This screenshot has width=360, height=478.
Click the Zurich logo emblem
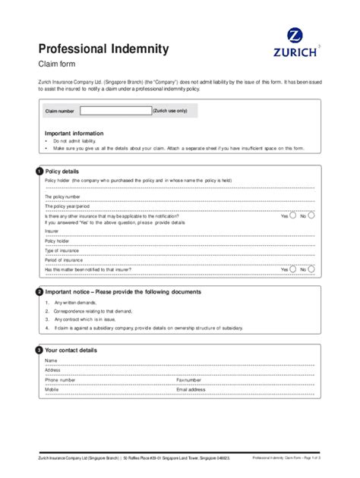[x=293, y=35]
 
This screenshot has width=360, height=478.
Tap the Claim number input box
[x=121, y=111]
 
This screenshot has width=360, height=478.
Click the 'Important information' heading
[x=74, y=134]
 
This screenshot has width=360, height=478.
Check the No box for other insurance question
[x=312, y=216]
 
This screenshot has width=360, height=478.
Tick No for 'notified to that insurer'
[x=312, y=269]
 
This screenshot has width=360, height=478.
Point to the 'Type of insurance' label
[x=62, y=250]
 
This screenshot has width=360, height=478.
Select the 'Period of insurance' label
[x=64, y=259]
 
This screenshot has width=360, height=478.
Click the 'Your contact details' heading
[x=71, y=351]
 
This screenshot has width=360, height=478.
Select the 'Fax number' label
[x=189, y=379]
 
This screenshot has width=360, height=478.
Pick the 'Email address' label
[x=191, y=388]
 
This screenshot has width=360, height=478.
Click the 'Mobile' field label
[x=52, y=388]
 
